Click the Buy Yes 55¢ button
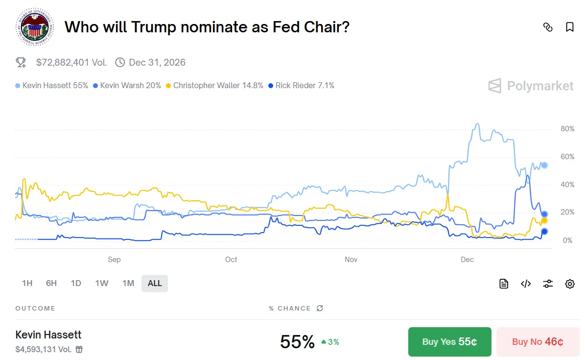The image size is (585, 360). (449, 342)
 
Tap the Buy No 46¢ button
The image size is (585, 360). (538, 342)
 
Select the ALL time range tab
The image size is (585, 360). (155, 283)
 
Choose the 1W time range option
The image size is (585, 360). (102, 283)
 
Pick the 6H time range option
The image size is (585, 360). (51, 283)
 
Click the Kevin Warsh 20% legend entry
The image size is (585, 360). (127, 85)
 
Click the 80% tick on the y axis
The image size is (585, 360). (567, 129)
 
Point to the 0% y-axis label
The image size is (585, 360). (567, 240)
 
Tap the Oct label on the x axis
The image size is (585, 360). (231, 260)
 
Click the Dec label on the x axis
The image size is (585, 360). (467, 260)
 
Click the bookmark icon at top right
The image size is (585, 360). (570, 27)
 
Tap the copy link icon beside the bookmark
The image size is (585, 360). (548, 27)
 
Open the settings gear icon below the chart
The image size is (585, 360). (570, 284)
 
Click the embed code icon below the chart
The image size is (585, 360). (526, 284)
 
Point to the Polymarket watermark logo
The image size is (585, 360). (531, 86)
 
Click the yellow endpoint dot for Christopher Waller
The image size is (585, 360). (544, 220)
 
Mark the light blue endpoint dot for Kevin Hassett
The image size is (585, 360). (544, 166)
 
